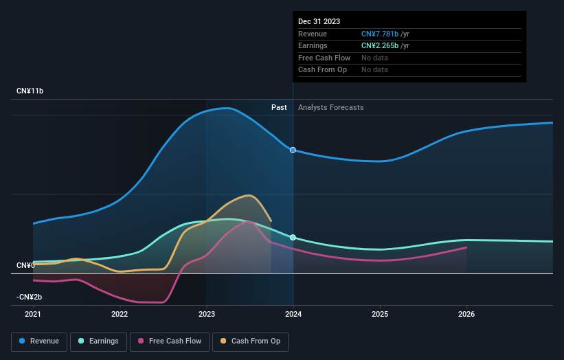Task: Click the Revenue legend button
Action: [39, 341]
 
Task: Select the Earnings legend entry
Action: [98, 341]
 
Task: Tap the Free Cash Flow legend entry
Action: [170, 341]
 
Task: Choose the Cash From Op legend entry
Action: [250, 341]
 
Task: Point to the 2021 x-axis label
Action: [33, 314]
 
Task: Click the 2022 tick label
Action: [120, 314]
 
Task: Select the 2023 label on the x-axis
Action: [206, 314]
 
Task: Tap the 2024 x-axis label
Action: [293, 314]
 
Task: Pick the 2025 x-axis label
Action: [380, 314]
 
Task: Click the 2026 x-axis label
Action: [466, 314]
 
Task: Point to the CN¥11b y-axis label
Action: [30, 91]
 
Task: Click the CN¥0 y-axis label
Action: [26, 265]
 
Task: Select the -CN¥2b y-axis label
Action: [30, 297]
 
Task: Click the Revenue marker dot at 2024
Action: [293, 150]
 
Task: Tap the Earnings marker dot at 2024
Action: [293, 237]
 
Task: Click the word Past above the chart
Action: [279, 107]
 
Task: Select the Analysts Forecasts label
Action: [330, 107]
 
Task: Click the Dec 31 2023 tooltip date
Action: [319, 22]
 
